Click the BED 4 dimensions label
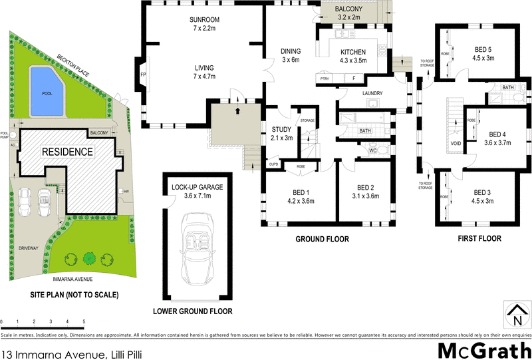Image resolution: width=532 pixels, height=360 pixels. (493, 142)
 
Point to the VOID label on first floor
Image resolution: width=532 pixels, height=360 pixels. (456, 142)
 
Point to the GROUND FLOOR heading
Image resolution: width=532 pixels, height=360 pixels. (322, 239)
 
